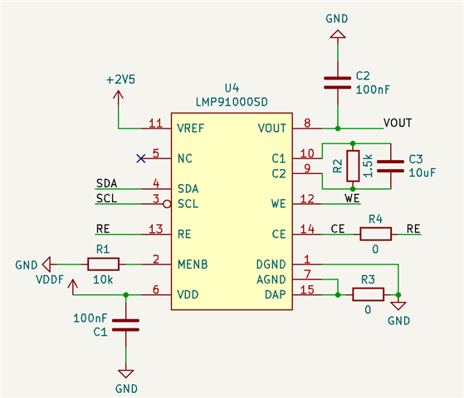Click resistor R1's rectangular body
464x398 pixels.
(103, 264)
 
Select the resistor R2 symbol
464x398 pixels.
(353, 166)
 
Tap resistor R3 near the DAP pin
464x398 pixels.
(368, 294)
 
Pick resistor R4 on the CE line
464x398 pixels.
(375, 234)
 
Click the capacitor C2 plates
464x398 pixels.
(337, 83)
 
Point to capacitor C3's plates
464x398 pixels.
(391, 166)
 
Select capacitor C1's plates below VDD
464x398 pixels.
(126, 325)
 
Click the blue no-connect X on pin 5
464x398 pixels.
(141, 158)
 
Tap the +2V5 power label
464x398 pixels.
(120, 80)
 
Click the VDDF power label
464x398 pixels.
(50, 279)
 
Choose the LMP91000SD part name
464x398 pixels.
(232, 102)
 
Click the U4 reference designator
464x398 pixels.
(232, 88)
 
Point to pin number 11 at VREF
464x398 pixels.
(156, 123)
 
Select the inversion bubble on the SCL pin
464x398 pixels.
(167, 204)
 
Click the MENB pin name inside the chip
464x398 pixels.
(193, 265)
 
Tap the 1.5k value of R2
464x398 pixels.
(368, 166)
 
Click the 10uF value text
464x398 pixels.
(422, 172)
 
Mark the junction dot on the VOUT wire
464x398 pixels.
(338, 129)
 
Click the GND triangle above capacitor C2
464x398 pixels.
(338, 34)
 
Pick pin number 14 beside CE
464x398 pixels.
(307, 229)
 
